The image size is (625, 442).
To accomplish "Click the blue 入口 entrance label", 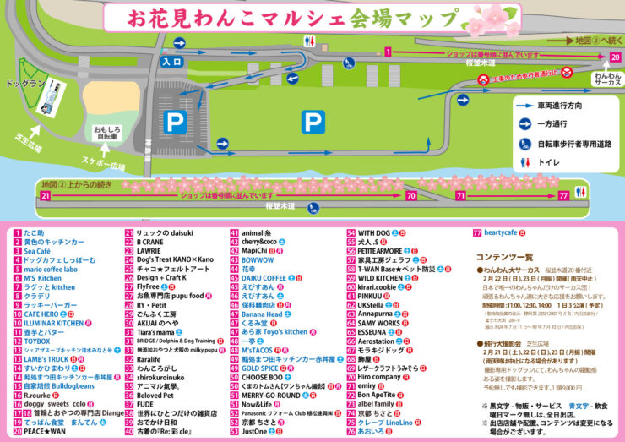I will pyautogui.click(x=172, y=62).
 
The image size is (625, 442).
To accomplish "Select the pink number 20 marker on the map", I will pyautogui.click(x=615, y=57).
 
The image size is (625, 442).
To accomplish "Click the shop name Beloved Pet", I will pyautogui.click(x=155, y=395).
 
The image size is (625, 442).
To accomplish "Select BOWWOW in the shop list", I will pyautogui.click(x=258, y=260).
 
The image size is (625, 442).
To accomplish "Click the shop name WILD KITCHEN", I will pyautogui.click(x=380, y=277).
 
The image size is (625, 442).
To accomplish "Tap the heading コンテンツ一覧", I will pyautogui.click(x=504, y=256).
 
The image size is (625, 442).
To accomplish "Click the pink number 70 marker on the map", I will pyautogui.click(x=410, y=194).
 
